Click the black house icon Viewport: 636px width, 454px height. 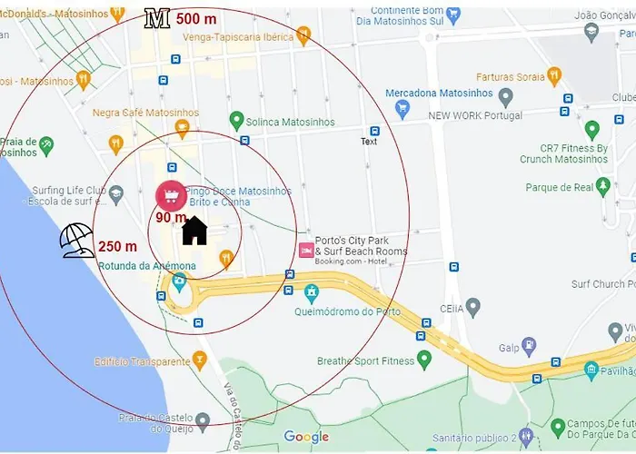coord(194,231)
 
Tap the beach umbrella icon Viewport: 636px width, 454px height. coord(77,240)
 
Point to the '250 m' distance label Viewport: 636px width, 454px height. coord(117,246)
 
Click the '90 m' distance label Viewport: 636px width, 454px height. coord(170,218)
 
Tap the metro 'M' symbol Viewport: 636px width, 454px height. coord(157,19)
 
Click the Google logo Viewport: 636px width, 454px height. coord(306,437)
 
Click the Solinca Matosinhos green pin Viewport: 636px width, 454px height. coord(236,120)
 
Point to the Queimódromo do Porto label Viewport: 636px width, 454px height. coord(347,311)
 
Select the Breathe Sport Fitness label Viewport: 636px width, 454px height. coord(365,360)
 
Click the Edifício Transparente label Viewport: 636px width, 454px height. coord(142,361)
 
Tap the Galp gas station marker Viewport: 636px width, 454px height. coord(529,345)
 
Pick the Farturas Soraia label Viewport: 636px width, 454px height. coord(511,77)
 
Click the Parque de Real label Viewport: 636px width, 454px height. coord(559,188)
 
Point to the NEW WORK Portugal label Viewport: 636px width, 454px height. coord(475,115)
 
